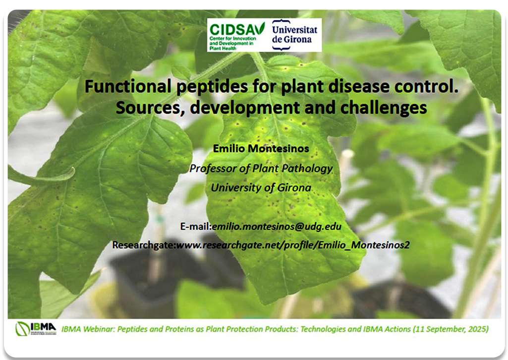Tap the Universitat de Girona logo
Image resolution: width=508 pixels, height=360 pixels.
[294, 35]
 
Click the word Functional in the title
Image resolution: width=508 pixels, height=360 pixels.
[128, 86]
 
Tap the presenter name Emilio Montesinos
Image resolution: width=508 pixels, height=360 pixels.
[261, 149]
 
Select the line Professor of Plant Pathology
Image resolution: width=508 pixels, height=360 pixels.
[261, 169]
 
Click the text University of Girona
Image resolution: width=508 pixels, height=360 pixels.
[261, 187]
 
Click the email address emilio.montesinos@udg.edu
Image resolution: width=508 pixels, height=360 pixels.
[277, 227]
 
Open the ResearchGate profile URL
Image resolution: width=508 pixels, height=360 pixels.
[292, 245]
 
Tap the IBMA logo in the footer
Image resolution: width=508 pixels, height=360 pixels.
[36, 329]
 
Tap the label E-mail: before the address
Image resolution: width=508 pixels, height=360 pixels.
[196, 227]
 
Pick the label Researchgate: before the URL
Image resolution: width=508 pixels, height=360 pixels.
[144, 245]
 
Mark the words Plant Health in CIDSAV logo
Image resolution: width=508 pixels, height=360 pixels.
[223, 48]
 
